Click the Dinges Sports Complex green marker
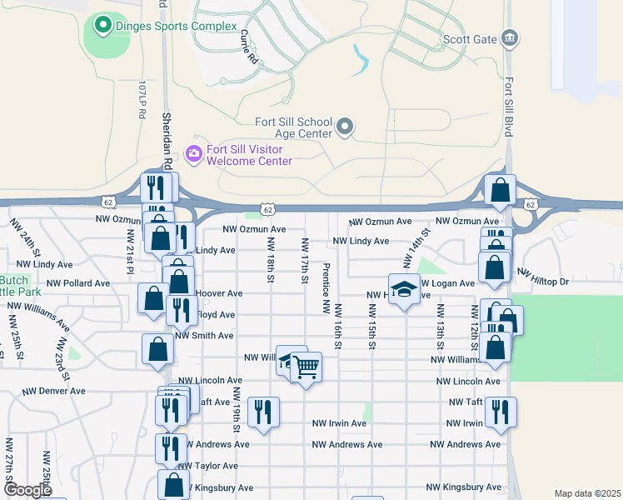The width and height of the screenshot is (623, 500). click(103, 26)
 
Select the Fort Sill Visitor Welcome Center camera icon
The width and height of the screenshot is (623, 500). click(194, 152)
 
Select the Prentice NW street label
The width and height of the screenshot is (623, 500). click(326, 287)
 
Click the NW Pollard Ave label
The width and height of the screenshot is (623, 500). click(78, 283)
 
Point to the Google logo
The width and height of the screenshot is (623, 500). click(27, 490)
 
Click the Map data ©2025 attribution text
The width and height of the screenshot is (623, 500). click(587, 493)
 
